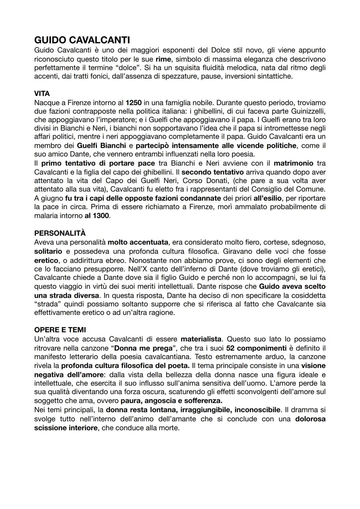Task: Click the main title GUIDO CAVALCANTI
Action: (x=82, y=40)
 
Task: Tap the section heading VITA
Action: (x=42, y=94)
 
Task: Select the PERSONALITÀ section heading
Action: (x=60, y=233)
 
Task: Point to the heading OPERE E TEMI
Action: (x=60, y=330)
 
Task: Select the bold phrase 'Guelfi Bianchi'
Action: (x=101, y=146)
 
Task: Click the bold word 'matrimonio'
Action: (x=293, y=163)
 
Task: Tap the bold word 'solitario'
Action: (x=48, y=251)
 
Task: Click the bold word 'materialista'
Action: (x=201, y=339)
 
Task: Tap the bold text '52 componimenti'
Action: (x=256, y=348)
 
